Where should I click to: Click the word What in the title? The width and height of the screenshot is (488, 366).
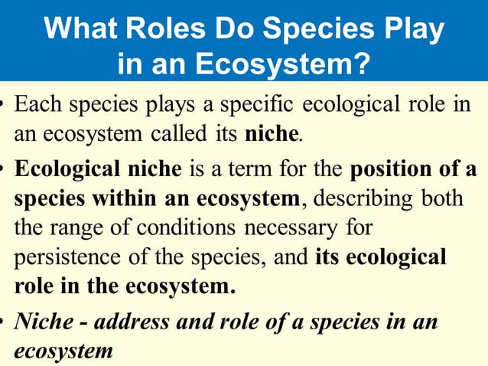pyautogui.click(x=83, y=29)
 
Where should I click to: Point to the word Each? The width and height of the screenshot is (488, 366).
pyautogui.click(x=38, y=103)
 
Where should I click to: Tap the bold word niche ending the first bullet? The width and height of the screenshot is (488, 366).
pyautogui.click(x=270, y=135)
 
